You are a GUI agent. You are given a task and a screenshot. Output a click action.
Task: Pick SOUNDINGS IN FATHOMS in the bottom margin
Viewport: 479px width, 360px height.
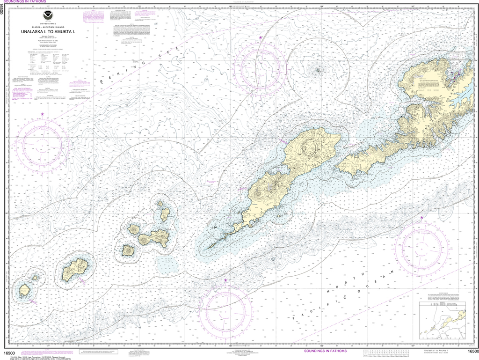326,351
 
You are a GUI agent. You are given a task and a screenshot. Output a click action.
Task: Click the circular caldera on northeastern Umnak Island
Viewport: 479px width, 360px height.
307,146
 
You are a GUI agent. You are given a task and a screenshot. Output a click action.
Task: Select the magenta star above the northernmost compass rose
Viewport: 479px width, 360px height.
261,37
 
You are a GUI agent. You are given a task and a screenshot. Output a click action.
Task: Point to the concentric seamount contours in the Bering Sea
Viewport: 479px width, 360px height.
318,70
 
